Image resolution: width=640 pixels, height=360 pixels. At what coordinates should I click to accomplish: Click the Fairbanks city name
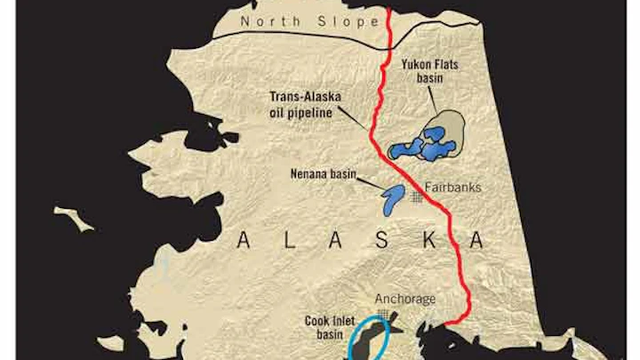pos(454,188)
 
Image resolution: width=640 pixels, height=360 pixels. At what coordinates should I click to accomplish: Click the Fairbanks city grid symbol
pos(417,197)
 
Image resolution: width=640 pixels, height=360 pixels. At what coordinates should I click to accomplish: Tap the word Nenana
pos(304,174)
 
